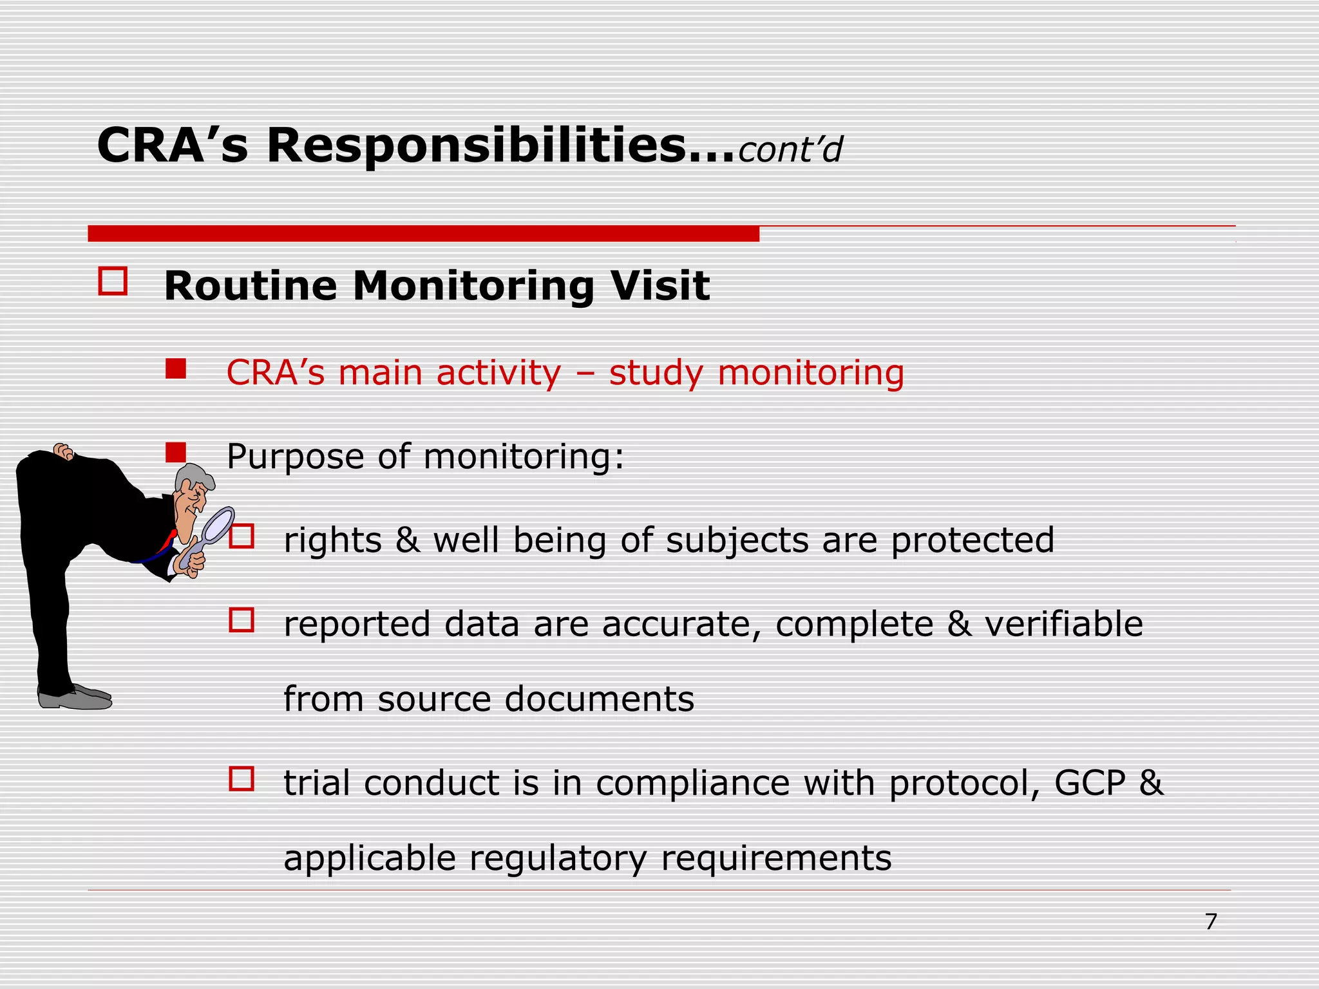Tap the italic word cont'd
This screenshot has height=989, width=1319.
pyautogui.click(x=790, y=150)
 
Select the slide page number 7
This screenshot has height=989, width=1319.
pyautogui.click(x=1211, y=922)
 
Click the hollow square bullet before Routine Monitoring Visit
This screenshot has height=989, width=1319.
pyautogui.click(x=113, y=281)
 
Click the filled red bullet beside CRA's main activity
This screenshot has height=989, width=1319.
pyautogui.click(x=175, y=369)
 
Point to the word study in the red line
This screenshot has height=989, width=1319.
pyautogui.click(x=656, y=373)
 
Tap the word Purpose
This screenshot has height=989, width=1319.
pyautogui.click(x=295, y=457)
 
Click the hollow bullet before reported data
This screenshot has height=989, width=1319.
pyautogui.click(x=242, y=620)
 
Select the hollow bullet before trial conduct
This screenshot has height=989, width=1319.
pyautogui.click(x=242, y=779)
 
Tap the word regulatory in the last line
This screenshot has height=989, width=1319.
pyautogui.click(x=557, y=858)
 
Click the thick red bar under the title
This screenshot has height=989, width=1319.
pyautogui.click(x=423, y=234)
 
